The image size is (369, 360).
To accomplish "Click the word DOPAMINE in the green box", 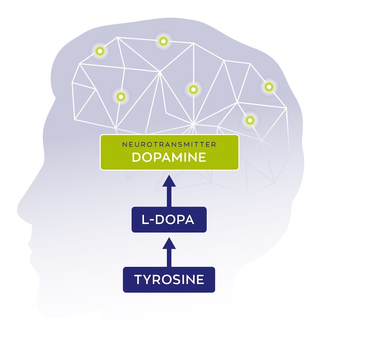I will pos(169,157).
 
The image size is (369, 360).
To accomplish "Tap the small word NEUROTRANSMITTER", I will pos(169,144).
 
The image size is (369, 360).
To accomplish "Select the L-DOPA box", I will pos(169,220).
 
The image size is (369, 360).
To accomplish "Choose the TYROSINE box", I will pos(169,280).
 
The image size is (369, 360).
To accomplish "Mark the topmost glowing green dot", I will pos(163,41).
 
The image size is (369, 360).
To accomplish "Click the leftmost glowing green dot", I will pos(99,51).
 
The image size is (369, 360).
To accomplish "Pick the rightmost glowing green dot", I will pos(269,87).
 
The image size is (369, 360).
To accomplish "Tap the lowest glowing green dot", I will pos(250,120).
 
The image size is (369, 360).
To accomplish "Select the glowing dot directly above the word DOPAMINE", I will pos(193,89).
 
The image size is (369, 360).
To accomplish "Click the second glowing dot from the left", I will pos(120,97).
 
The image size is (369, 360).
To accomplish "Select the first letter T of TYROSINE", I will pos(138,280).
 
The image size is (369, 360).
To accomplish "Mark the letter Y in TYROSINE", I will pos(147,280).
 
